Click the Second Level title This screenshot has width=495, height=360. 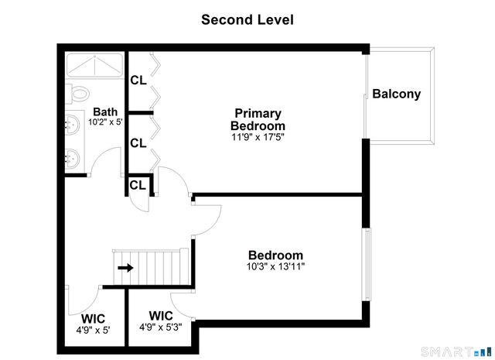(247, 19)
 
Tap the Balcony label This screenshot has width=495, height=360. (396, 94)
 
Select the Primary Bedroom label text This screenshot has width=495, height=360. (258, 119)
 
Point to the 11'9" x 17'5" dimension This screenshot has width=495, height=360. (258, 137)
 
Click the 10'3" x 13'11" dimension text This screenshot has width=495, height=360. (275, 266)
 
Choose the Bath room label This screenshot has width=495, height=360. (105, 111)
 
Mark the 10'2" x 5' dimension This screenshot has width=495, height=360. (106, 122)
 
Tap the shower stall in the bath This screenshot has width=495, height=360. (94, 64)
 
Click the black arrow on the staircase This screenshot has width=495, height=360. (125, 268)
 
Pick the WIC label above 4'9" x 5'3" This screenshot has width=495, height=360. (160, 316)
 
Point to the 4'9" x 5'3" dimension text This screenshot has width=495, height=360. (160, 327)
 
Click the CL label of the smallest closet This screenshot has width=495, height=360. (138, 185)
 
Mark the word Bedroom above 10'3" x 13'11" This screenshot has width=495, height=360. (275, 255)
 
